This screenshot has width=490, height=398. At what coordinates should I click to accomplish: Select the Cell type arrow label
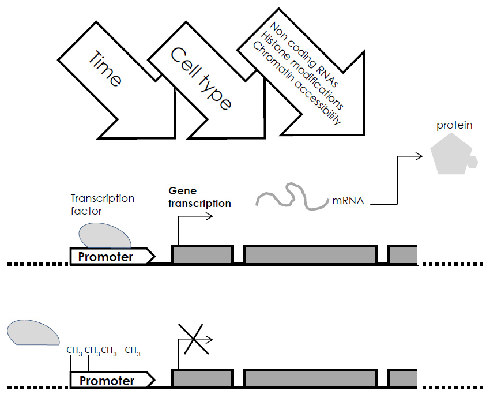point(201,78)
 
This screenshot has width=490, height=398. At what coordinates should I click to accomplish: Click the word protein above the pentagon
point(454,125)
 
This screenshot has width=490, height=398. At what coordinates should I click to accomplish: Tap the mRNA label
point(348,202)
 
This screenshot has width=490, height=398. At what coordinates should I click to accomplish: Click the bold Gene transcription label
point(199,197)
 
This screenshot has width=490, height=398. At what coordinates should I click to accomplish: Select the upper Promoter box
point(110,257)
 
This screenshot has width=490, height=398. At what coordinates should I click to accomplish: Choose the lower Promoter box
point(110,381)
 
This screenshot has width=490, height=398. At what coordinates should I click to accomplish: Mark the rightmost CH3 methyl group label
point(132,351)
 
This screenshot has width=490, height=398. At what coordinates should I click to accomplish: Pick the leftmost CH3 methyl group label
point(74,351)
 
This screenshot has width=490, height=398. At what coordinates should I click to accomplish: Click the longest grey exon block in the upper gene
point(310,254)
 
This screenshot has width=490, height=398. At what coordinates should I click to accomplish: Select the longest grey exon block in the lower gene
point(310,378)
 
